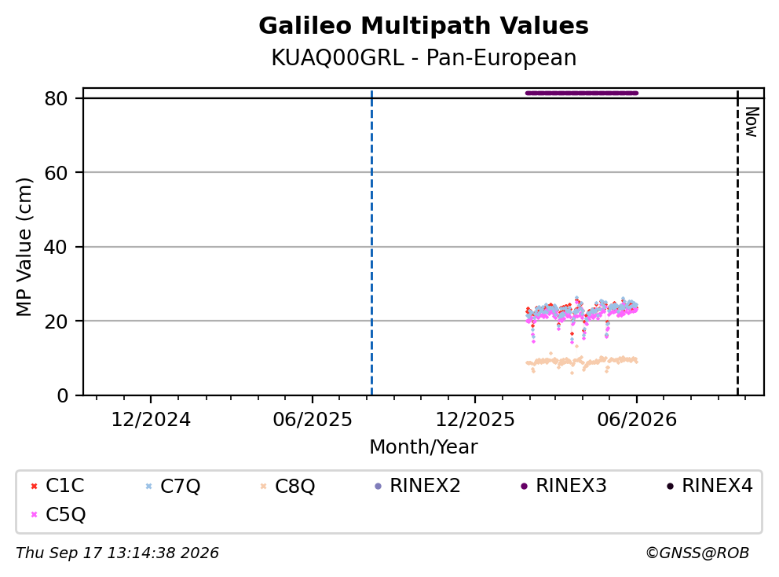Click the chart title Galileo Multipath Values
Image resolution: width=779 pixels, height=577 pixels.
pos(423,26)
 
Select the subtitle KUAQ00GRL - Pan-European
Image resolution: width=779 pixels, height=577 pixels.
pos(423,58)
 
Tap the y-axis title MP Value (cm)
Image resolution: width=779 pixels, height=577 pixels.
pos(24,247)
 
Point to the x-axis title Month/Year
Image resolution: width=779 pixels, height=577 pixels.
pos(423,447)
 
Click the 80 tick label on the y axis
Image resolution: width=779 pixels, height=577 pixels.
pos(56,98)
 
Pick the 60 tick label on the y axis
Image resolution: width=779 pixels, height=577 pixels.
pos(56,173)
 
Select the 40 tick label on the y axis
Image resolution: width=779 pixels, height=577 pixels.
pos(56,247)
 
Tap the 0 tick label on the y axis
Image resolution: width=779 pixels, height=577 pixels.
pos(62,395)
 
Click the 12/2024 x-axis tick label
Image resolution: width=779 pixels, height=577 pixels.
pos(151,420)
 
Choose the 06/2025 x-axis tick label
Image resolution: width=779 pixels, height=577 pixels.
pos(313,420)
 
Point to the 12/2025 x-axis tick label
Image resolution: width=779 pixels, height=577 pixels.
pos(475,420)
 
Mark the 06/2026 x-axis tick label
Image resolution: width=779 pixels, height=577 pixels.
pos(637,420)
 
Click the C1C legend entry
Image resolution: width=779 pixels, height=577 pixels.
pos(57,486)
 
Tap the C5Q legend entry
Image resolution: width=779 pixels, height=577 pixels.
pos(58,514)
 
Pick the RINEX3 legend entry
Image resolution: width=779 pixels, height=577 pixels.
pos(563,486)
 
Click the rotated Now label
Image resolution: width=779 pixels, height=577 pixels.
pos(752,123)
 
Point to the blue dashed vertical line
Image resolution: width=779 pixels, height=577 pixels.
pos(371,243)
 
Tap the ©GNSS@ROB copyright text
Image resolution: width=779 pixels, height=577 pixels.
pos(697,553)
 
